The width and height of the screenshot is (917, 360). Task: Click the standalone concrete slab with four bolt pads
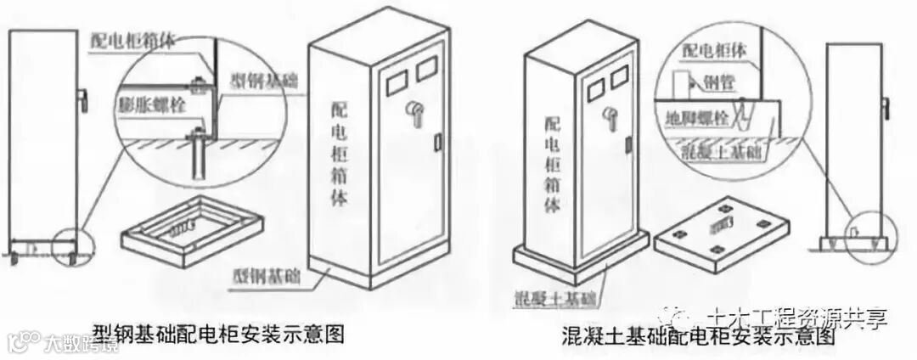[x=721, y=236]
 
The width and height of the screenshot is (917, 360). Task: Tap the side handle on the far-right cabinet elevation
[x=886, y=109]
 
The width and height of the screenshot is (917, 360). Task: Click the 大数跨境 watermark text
[x=75, y=343]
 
